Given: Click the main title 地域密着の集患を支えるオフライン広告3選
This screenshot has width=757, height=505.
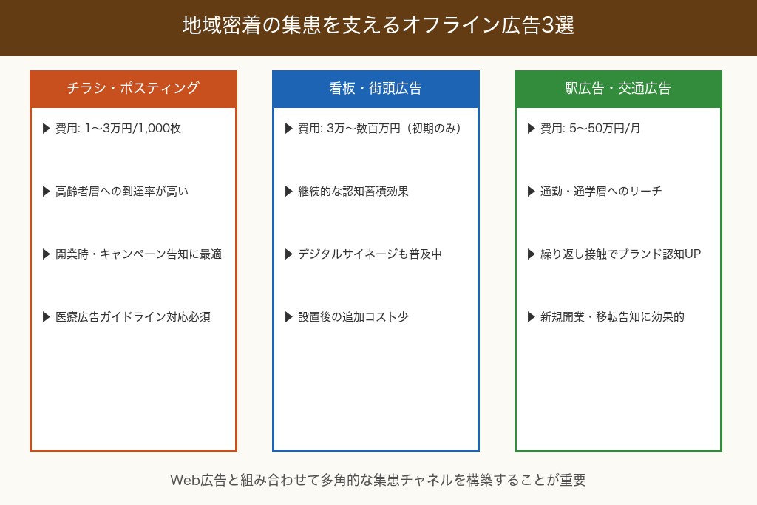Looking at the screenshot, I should click(378, 26).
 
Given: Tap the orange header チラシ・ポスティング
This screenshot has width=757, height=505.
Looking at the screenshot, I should click(133, 88).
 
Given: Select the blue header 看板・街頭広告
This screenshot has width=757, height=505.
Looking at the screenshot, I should click(376, 88).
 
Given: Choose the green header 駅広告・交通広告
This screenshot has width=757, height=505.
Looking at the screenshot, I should click(618, 88).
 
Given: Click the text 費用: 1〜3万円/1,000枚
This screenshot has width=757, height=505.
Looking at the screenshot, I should click(118, 129).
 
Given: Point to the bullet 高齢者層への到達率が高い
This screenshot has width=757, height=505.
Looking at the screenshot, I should click(122, 192).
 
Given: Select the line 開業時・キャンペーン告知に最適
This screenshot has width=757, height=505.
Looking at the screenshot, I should click(138, 254).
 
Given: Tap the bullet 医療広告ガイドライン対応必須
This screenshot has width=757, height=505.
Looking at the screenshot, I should click(133, 317).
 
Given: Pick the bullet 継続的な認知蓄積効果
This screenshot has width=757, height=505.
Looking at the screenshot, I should click(353, 192).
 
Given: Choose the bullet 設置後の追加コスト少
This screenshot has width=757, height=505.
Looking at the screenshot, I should click(353, 317).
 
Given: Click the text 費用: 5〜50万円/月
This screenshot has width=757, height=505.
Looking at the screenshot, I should click(591, 129).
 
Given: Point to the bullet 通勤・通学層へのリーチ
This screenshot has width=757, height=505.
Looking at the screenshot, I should click(601, 192).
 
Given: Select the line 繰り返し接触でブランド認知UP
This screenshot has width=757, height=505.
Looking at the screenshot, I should click(620, 254).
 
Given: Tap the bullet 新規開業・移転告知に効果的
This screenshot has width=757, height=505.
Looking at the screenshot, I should click(612, 317).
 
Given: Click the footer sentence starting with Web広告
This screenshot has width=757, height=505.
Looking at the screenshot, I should click(378, 480).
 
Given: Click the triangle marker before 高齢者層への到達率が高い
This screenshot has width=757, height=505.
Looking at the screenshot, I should click(47, 192).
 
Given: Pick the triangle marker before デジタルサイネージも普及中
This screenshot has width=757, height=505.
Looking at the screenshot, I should click(289, 254).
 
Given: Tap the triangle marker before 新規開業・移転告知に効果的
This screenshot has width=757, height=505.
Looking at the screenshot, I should click(532, 317).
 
